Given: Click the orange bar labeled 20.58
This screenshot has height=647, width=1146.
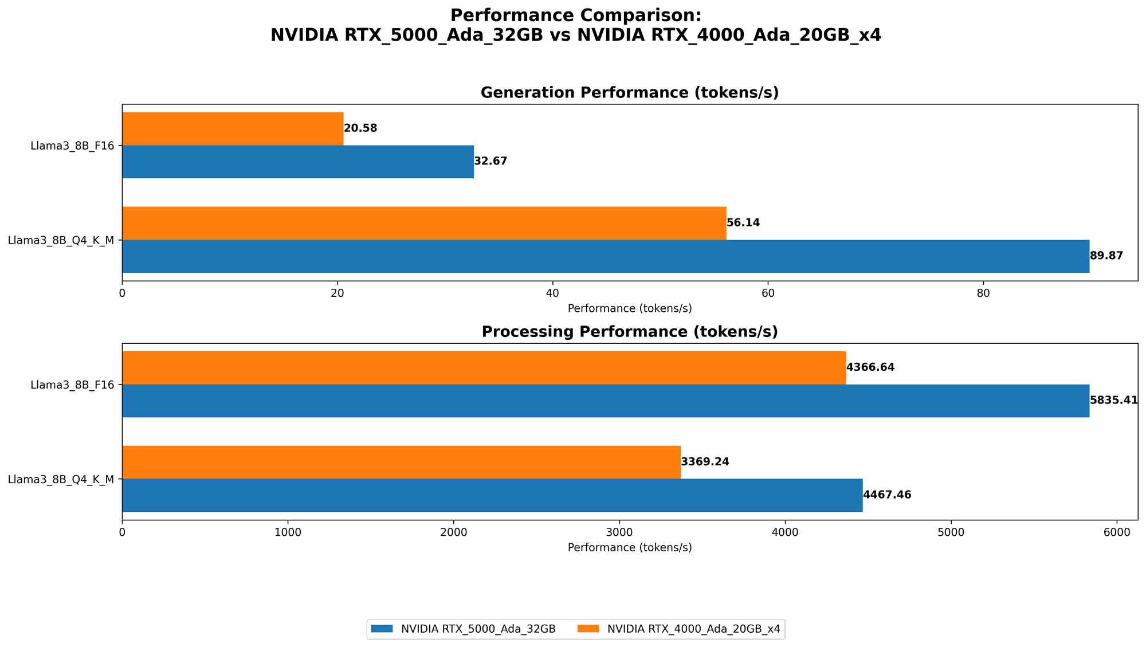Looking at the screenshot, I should pyautogui.click(x=233, y=128).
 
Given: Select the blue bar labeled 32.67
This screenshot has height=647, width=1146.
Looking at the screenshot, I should pyautogui.click(x=298, y=162).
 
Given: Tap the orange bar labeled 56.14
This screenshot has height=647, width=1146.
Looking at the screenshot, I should pyautogui.click(x=424, y=223).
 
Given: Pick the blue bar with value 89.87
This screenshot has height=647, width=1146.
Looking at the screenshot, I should pyautogui.click(x=606, y=256).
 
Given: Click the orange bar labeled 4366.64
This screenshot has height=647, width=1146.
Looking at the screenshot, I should pyautogui.click(x=484, y=367).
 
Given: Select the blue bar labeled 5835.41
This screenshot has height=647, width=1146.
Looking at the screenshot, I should pyautogui.click(x=606, y=401).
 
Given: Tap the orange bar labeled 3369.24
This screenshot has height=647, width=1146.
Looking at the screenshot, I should pyautogui.click(x=401, y=462).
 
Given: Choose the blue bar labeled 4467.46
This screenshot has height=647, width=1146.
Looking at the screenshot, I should pyautogui.click(x=492, y=495).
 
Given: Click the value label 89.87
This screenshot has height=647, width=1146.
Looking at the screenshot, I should pyautogui.click(x=1106, y=256).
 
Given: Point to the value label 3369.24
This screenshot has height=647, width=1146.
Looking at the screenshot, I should pyautogui.click(x=705, y=462).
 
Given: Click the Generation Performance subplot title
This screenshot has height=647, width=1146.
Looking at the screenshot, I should pyautogui.click(x=630, y=93).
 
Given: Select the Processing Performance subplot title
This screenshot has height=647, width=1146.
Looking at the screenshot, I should pyautogui.click(x=630, y=332).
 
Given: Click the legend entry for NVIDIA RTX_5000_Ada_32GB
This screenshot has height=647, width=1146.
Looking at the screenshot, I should pyautogui.click(x=464, y=629).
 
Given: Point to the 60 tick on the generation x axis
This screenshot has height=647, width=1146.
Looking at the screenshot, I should pyautogui.click(x=768, y=293).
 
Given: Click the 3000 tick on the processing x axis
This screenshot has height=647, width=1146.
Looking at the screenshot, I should pyautogui.click(x=619, y=532).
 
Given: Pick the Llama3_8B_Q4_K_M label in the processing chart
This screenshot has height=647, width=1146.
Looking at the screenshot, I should pyautogui.click(x=61, y=479).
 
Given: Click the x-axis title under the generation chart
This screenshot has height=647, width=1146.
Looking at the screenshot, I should pyautogui.click(x=630, y=308).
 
